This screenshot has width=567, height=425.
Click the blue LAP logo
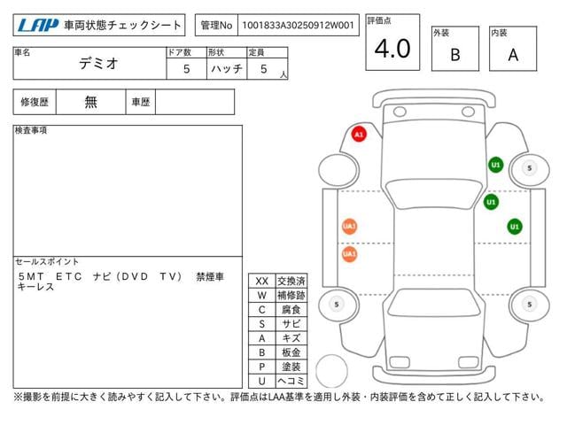pos(38,26)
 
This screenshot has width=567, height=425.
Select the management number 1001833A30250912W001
pos(298,26)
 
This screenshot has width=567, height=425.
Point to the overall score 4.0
pos(392,49)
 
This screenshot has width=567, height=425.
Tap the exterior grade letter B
pos(455,55)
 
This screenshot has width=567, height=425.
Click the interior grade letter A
pos(513,55)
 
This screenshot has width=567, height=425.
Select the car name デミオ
pos(98,64)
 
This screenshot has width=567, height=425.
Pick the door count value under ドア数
pos(187,69)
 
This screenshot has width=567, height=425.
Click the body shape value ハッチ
pos(227,69)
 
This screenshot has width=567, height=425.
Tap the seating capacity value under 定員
pos(264,69)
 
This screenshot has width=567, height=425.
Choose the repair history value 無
pos(90,102)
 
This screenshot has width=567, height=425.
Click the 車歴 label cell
pos(140,102)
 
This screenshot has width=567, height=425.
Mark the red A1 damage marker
pos(359,135)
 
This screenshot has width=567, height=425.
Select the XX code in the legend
pos(262,282)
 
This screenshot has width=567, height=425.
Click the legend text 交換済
pos(291,282)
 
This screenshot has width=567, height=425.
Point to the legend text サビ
pos(291,324)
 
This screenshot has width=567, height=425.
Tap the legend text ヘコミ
pos(291,381)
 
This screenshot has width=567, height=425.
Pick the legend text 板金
pos(291,352)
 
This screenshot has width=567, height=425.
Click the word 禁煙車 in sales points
pos(210,277)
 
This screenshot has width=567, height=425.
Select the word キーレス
pos(35,287)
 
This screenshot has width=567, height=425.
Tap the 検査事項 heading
pos(31,130)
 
